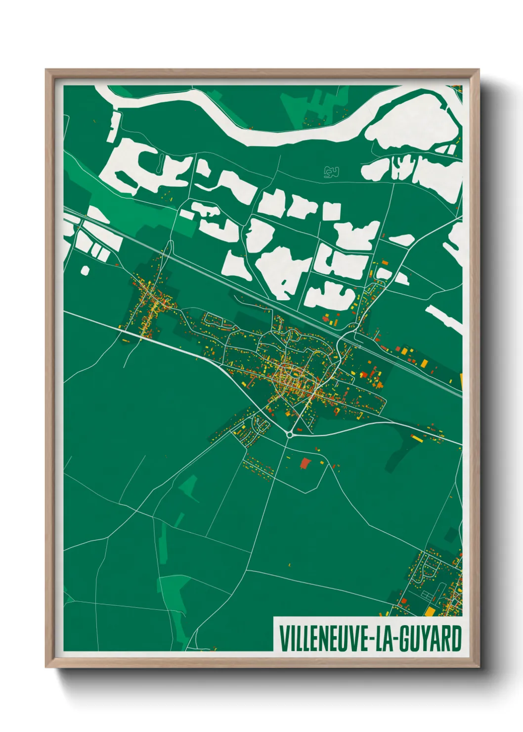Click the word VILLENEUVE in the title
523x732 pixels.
(x=321, y=639)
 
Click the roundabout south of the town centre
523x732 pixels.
(x=289, y=435)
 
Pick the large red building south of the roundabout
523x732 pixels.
(x=305, y=463)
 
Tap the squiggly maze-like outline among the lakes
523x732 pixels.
(x=331, y=172)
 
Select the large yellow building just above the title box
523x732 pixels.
(x=430, y=612)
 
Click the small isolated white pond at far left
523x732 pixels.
(x=85, y=270)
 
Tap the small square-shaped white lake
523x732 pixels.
(x=332, y=211)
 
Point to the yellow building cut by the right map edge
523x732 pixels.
(x=461, y=379)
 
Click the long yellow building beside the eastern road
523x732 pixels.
(x=417, y=438)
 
